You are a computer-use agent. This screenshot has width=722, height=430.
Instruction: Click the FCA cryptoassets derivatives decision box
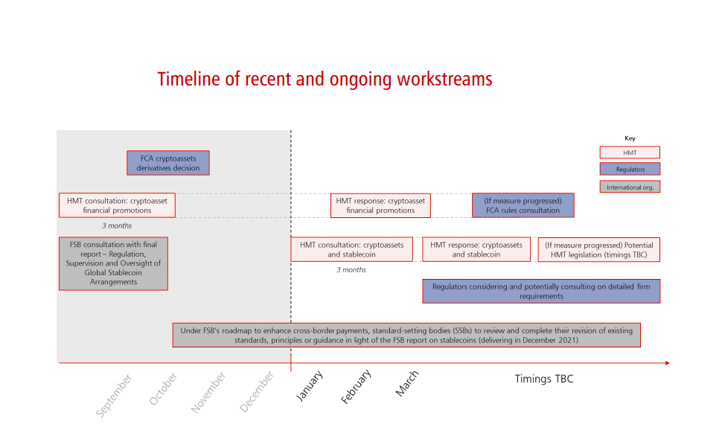click(x=168, y=163)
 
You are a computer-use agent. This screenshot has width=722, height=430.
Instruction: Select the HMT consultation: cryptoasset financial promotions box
click(x=117, y=205)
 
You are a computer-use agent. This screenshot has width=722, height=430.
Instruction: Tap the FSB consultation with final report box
click(x=113, y=263)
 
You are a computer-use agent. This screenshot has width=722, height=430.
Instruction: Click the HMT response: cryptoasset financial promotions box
click(x=380, y=205)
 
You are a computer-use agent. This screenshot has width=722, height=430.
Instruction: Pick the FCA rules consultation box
click(x=523, y=205)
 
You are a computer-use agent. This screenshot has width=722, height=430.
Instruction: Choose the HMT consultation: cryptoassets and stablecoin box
click(x=352, y=249)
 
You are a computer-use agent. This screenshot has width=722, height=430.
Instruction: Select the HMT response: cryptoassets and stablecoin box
click(x=476, y=249)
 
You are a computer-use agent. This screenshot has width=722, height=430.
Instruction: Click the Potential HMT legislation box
click(x=598, y=249)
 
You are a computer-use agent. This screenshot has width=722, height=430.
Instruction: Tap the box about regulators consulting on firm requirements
click(x=541, y=291)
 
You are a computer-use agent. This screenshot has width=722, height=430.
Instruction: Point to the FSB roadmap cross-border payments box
click(x=406, y=336)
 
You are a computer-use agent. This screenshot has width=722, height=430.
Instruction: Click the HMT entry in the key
click(x=630, y=153)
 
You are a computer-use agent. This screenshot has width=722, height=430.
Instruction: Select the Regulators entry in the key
click(x=630, y=169)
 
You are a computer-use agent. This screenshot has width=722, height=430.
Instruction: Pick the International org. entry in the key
click(x=630, y=187)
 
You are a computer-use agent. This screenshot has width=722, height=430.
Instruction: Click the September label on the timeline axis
click(x=114, y=395)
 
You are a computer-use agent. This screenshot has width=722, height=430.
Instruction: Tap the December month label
click(x=257, y=391)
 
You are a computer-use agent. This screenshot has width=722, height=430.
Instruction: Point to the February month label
click(x=356, y=386)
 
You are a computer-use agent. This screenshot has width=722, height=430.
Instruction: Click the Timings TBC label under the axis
click(x=544, y=379)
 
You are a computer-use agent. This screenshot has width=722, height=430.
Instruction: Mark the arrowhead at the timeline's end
click(x=668, y=363)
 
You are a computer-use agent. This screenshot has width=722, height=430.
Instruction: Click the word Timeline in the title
click(x=189, y=79)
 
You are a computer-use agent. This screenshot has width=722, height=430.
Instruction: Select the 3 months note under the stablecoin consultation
click(x=351, y=270)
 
